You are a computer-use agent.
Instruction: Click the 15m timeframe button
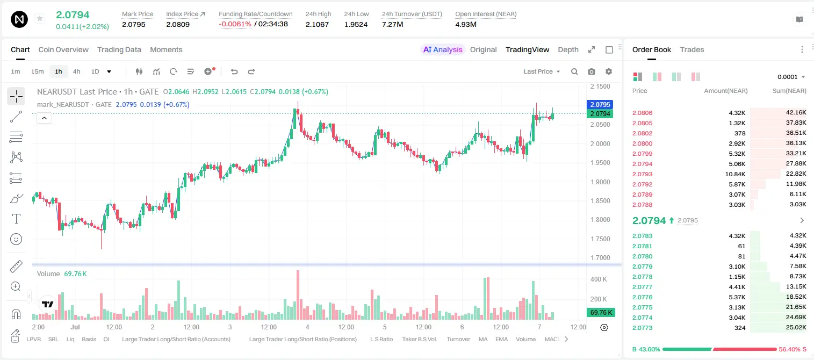pos(38,71)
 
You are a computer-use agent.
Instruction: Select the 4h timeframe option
pos(76,71)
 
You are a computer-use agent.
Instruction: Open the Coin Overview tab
pos(63,49)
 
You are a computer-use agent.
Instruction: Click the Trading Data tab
pos(119,49)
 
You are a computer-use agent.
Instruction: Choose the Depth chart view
pos(568,50)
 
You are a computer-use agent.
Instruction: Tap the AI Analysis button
pos(443,49)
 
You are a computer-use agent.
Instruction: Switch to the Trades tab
pos(692,49)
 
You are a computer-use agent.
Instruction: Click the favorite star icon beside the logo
pos(40,19)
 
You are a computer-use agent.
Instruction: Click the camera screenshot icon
pos(592,71)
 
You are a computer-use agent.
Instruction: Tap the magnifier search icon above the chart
pos(574,71)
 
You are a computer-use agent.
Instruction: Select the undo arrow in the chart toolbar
pos(234,71)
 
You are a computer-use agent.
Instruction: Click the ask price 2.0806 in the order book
pos(642,113)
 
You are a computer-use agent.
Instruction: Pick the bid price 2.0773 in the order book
pos(642,328)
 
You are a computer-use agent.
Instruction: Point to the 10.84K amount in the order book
pos(735,174)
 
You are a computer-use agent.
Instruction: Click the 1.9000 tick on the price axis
pos(600,182)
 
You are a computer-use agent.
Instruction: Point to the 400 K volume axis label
pos(599,279)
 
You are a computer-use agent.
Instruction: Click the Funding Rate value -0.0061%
pos(235,24)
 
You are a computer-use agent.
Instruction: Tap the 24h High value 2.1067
pos(317,24)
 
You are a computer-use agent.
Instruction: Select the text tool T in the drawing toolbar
pos(16,219)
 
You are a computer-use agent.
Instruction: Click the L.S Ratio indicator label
pos(381,339)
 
